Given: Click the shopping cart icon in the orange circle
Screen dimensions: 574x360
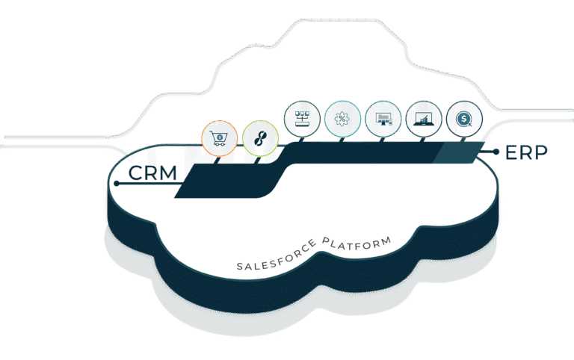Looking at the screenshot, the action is [219, 138].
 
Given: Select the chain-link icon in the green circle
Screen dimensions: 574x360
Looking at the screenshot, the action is [260, 139].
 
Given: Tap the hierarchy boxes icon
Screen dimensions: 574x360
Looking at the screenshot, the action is [302, 119].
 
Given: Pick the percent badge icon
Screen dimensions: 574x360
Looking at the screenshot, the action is [342, 119].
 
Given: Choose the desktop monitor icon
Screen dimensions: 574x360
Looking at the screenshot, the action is [383, 120].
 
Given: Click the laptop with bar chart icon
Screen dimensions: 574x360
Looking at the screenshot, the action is [424, 120].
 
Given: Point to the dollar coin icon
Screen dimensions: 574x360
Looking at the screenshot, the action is [464, 120].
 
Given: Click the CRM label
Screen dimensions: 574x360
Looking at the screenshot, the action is [152, 173].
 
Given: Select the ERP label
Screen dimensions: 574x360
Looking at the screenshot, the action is [526, 152].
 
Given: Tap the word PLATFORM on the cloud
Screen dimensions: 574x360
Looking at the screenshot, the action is [357, 243].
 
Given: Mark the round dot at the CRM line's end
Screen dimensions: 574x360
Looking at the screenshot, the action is [117, 183].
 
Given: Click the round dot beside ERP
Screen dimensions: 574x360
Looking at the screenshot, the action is [496, 152].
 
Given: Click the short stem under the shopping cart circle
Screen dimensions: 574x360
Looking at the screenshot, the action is [217, 161].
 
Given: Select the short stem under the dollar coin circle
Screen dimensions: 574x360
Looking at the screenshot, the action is [463, 140].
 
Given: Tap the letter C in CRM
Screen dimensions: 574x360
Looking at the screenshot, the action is [135, 173].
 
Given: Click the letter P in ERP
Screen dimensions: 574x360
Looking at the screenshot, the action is [540, 152].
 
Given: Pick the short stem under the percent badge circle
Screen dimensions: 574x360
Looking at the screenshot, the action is [341, 140].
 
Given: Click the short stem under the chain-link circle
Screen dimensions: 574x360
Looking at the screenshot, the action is [257, 161].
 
